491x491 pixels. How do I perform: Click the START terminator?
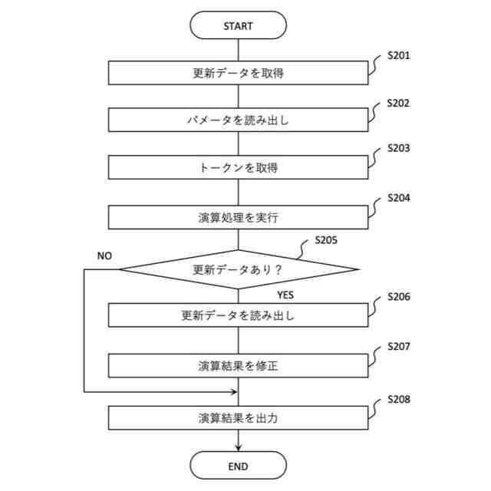click(x=238, y=25)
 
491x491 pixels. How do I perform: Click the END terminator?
click(x=238, y=466)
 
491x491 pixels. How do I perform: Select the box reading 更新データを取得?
click(x=238, y=74)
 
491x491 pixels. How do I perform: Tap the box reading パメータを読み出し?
click(x=238, y=120)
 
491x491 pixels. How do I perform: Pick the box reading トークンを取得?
click(x=238, y=167)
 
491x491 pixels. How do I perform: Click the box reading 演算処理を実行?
click(x=238, y=217)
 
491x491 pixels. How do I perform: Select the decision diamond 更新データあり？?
click(x=238, y=269)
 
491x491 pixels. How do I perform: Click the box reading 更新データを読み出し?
click(x=238, y=315)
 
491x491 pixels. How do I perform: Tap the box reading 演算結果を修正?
click(x=238, y=365)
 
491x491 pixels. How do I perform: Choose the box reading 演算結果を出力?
click(x=238, y=418)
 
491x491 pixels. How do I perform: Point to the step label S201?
click(x=398, y=56)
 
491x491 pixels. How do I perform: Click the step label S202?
click(x=398, y=102)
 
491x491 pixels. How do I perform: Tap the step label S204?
click(x=398, y=198)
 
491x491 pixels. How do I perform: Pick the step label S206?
click(x=398, y=296)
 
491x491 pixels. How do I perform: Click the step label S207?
click(x=398, y=346)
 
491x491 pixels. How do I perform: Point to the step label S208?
click(x=398, y=399)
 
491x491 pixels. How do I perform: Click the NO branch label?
click(x=105, y=255)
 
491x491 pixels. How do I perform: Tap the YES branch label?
click(x=285, y=295)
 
